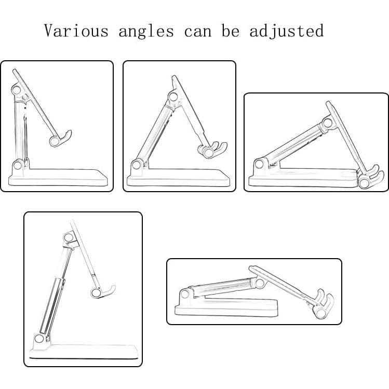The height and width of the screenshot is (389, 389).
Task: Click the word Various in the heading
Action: click(x=76, y=31)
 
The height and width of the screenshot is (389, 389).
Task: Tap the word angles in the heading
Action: click(x=146, y=32)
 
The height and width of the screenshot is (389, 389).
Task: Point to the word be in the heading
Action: click(x=231, y=31)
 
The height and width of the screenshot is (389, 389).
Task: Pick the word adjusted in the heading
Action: click(x=286, y=31)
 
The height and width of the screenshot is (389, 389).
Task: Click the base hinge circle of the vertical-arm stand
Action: click(x=18, y=165)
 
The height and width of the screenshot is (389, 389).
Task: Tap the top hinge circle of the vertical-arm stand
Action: click(x=16, y=90)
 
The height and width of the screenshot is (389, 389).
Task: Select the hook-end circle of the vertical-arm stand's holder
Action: click(x=54, y=141)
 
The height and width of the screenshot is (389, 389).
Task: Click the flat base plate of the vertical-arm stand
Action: click(x=58, y=178)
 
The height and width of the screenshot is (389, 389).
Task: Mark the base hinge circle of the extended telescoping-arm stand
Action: click(x=39, y=339)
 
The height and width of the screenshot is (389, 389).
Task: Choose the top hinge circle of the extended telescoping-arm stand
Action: click(x=68, y=237)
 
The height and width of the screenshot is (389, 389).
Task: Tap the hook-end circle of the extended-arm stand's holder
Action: click(x=96, y=293)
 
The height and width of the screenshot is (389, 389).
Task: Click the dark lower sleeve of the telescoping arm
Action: click(x=52, y=306)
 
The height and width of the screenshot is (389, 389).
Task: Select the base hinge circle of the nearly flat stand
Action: click(x=184, y=294)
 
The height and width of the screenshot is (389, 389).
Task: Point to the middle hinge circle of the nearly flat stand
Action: click(x=260, y=283)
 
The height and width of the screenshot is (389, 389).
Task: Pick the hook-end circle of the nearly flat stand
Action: click(x=320, y=313)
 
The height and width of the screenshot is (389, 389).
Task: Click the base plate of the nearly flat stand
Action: click(x=226, y=307)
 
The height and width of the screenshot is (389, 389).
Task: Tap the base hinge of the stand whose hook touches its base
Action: click(x=259, y=164)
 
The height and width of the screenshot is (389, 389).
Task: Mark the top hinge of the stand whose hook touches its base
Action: click(x=327, y=123)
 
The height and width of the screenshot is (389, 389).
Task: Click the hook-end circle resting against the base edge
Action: click(x=364, y=183)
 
